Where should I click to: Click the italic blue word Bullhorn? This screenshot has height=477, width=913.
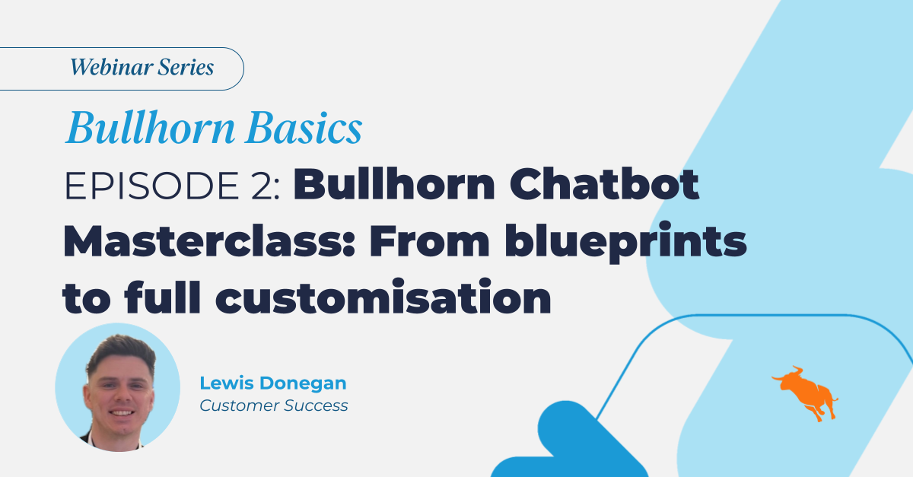coord(151,130)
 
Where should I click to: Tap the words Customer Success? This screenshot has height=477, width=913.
coord(274,405)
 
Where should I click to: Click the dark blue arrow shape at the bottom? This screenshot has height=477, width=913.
coord(563,441)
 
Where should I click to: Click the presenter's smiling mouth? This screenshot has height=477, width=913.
coord(119,413)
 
